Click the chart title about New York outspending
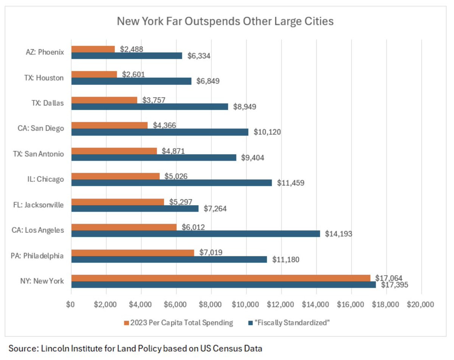pos(225,21)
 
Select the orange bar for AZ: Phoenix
pos(93,49)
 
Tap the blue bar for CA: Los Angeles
pos(196,234)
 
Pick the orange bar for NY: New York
pos(221,278)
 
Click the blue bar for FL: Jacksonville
pos(135,208)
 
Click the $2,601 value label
pos(134,74)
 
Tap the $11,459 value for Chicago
pos(291,183)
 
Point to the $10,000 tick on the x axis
pos(246,304)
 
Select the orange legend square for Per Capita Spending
pos(126,323)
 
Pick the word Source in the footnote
pos(22,348)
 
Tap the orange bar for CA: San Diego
pos(109,125)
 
